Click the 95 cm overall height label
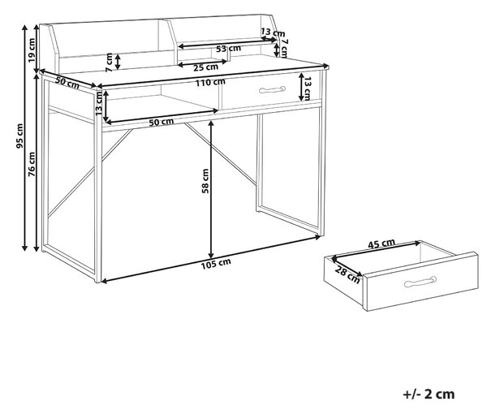click(19, 136)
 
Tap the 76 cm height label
click(32, 165)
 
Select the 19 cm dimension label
click(32, 50)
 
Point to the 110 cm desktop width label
click(210, 83)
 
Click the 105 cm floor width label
click(216, 264)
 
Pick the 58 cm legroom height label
click(205, 181)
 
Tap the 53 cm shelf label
click(228, 49)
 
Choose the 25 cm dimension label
click(206, 67)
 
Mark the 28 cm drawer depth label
click(347, 275)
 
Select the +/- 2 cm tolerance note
click(429, 395)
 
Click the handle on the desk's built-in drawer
click(272, 89)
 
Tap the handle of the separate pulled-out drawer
click(420, 282)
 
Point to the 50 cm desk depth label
click(67, 82)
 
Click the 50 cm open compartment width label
click(162, 122)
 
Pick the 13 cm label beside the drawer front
click(307, 89)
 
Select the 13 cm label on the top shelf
click(273, 32)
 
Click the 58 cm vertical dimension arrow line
click(211, 189)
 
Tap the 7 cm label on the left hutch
click(109, 63)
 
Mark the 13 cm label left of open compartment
click(99, 103)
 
